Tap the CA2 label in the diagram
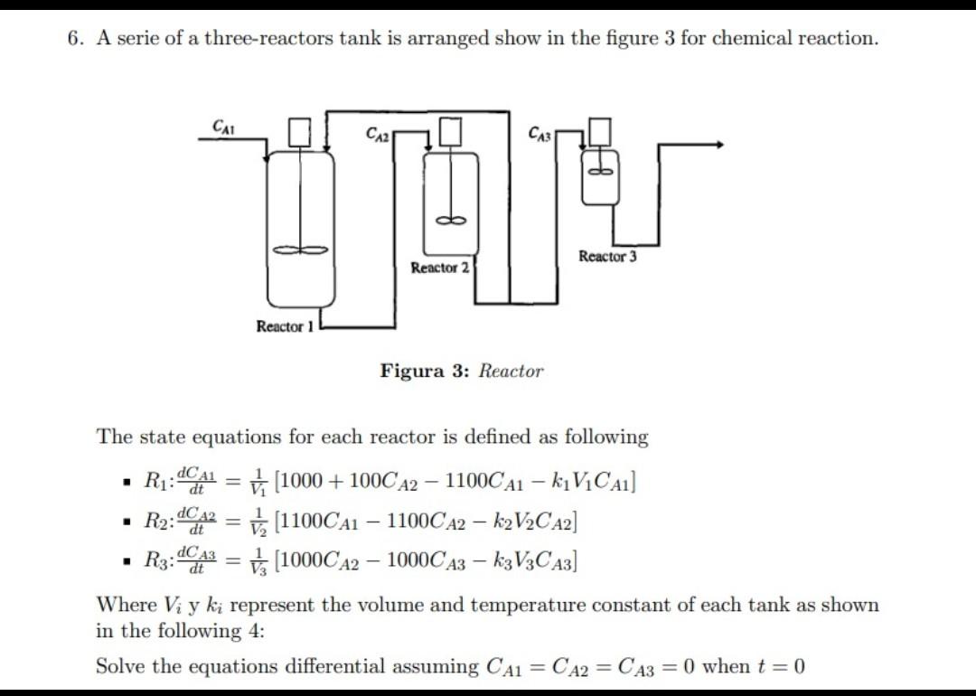click(x=379, y=134)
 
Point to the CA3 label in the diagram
click(x=539, y=134)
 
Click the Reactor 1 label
click(x=284, y=326)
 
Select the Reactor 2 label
click(x=439, y=268)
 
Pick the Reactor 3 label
click(x=607, y=257)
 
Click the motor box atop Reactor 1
click(x=300, y=133)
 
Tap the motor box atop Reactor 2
click(x=451, y=131)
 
